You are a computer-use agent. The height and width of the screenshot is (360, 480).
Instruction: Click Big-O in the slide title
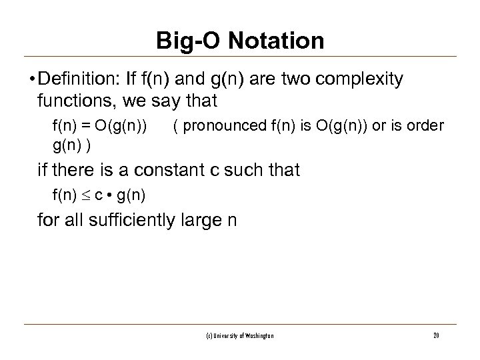click(x=188, y=41)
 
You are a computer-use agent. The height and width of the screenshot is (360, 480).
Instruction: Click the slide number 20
click(x=435, y=335)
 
